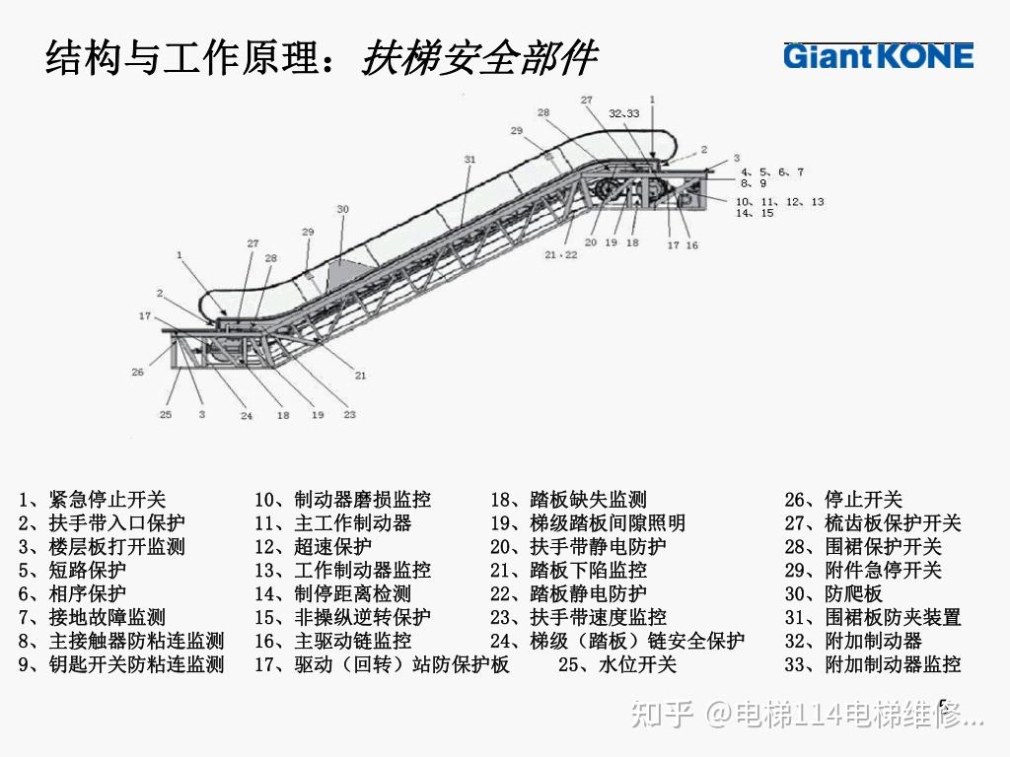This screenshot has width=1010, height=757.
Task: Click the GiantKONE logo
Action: pyautogui.click(x=878, y=56)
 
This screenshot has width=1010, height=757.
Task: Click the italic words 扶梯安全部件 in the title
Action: pyautogui.click(x=478, y=59)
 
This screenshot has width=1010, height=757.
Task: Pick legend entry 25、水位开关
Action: pyautogui.click(x=617, y=665)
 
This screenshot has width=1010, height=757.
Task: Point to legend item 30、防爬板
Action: pyautogui.click(x=833, y=594)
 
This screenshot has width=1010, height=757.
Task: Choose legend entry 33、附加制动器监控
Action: pyautogui.click(x=872, y=665)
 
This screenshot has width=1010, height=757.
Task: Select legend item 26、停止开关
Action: pyautogui.click(x=843, y=500)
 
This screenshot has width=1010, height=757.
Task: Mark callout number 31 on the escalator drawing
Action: pyautogui.click(x=469, y=159)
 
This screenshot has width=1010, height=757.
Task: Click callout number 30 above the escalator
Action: pyautogui.click(x=342, y=209)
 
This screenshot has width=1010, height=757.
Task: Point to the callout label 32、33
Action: pyautogui.click(x=623, y=113)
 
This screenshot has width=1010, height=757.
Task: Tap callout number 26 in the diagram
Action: pyautogui.click(x=138, y=372)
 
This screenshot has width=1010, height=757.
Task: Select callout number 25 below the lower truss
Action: pyautogui.click(x=166, y=415)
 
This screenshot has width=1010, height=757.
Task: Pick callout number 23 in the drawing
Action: pyautogui.click(x=349, y=415)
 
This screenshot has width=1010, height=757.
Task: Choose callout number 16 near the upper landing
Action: pyautogui.click(x=692, y=245)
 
